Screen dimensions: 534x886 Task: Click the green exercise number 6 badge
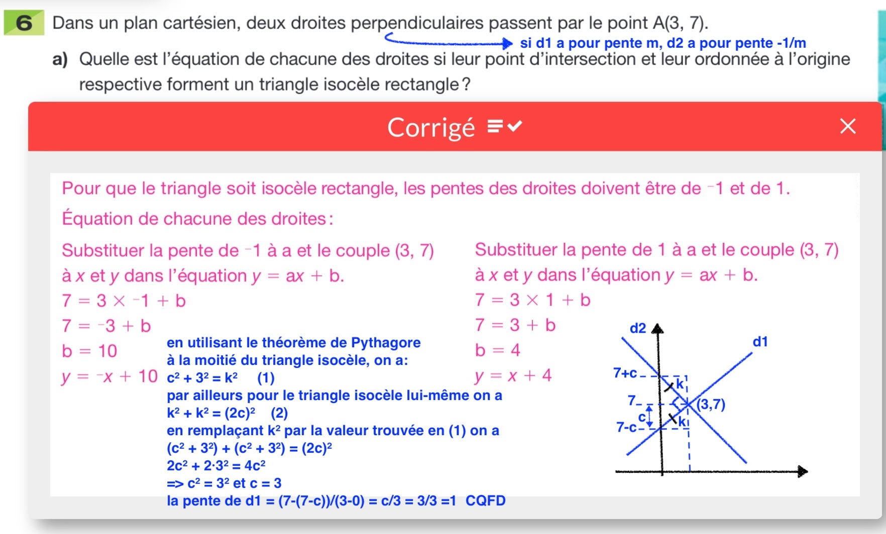(24, 23)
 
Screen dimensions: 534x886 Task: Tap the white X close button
(848, 126)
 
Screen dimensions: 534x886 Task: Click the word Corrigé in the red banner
(431, 127)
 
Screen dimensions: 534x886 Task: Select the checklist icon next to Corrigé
(505, 126)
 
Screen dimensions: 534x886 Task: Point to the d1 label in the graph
(760, 342)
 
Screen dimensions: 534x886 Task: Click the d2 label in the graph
(637, 328)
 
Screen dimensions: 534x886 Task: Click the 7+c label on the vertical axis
(625, 373)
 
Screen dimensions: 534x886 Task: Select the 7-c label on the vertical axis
(626, 427)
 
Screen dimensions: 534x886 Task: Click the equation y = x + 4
(513, 375)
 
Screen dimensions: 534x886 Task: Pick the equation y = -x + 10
(109, 376)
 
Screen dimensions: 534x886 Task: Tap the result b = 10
(89, 351)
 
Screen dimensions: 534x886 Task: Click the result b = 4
(497, 350)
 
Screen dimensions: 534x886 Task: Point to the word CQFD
(485, 500)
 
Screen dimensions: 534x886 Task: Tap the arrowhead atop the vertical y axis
(657, 329)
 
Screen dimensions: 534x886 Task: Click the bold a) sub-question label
(60, 59)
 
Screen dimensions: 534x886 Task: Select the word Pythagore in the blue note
(386, 342)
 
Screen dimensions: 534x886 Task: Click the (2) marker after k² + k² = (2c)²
(279, 413)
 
